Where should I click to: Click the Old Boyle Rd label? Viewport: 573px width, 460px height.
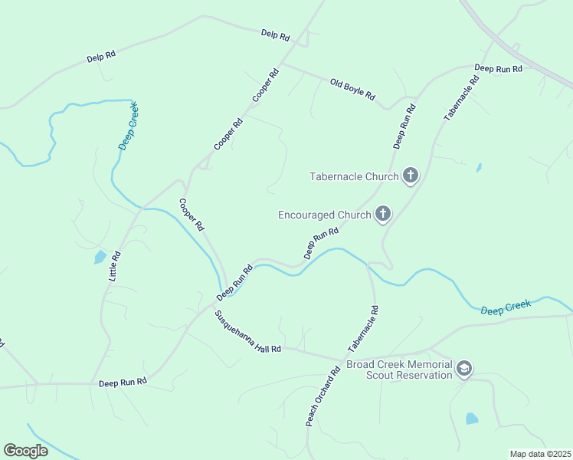[x=352, y=89]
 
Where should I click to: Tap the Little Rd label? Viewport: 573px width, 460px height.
[x=116, y=264]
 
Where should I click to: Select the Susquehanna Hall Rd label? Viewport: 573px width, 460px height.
[x=247, y=331]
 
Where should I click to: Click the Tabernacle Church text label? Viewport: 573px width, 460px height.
[x=354, y=176]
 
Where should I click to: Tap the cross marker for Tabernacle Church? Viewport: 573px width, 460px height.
[x=411, y=176]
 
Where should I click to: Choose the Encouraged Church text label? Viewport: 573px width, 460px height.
[x=324, y=215]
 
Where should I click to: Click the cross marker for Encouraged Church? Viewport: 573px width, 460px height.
[x=382, y=215]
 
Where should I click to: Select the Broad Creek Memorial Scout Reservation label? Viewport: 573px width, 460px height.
[x=399, y=370]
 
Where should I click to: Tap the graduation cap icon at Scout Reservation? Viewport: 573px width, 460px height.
[x=464, y=370]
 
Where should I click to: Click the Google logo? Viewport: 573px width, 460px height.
[x=25, y=451]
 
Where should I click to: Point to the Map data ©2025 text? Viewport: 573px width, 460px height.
[x=540, y=454]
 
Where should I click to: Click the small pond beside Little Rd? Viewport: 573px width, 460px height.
[x=100, y=257]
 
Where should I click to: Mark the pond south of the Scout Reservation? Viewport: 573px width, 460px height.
[x=472, y=419]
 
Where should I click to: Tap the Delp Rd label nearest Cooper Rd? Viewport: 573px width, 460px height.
[x=275, y=35]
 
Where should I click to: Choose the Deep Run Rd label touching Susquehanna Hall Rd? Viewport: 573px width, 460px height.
[x=234, y=283]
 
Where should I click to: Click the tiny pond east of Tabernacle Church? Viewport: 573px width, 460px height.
[x=479, y=167]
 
